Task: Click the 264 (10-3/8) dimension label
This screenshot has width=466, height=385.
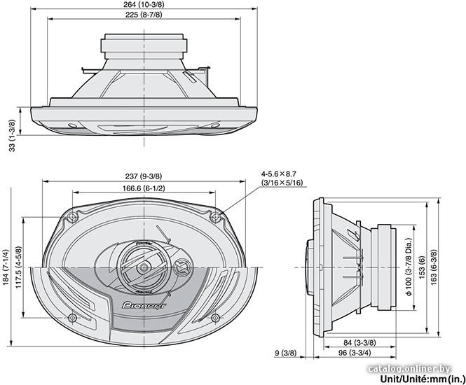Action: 144,4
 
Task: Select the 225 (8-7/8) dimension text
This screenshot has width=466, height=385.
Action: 144,15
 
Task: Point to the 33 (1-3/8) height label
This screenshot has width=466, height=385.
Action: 12,136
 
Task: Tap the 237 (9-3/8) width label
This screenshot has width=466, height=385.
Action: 143,176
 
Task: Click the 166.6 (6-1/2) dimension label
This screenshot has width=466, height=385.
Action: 144,188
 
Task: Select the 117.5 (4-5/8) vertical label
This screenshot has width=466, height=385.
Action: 18,268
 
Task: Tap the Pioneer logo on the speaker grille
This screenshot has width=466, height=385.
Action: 144,305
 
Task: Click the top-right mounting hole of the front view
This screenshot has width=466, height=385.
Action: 215,217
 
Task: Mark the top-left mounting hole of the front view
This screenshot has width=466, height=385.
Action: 72,217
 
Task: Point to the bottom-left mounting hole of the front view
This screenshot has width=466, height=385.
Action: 72,318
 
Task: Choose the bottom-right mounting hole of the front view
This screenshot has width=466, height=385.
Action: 215,318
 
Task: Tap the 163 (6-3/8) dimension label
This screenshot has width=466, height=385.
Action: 434,267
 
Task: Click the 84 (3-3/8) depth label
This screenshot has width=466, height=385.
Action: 359,343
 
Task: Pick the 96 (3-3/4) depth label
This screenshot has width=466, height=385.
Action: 355,353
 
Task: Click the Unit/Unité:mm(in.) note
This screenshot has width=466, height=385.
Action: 421,379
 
